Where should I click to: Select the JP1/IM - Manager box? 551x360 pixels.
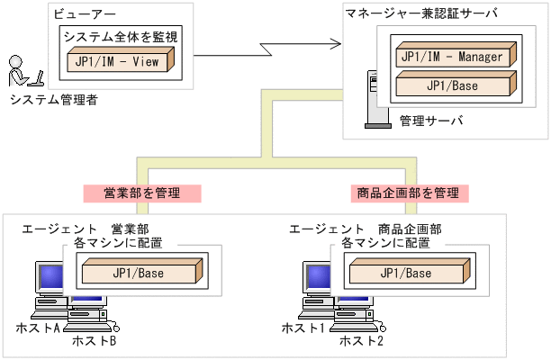point(453,56)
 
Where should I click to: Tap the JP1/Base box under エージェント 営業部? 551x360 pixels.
point(140,272)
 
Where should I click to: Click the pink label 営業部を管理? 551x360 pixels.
point(141,193)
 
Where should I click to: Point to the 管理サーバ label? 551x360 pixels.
point(429,120)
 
